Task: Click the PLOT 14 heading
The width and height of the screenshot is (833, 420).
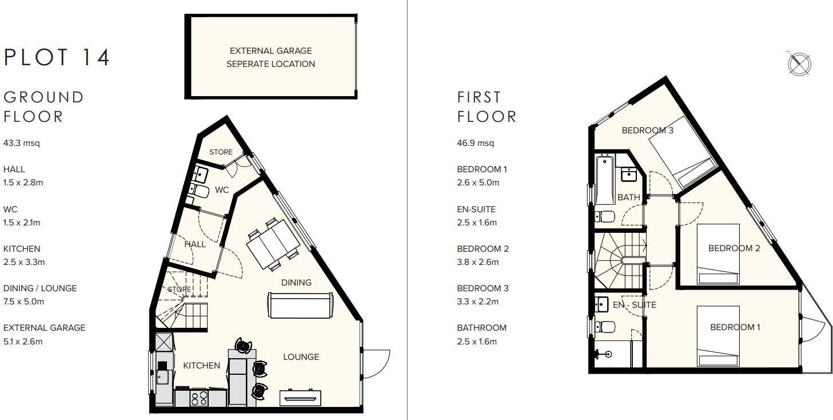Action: (57, 58)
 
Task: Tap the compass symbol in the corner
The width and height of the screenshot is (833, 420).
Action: (799, 63)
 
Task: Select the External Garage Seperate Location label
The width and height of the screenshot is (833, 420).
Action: (270, 58)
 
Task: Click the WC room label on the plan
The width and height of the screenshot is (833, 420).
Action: (222, 190)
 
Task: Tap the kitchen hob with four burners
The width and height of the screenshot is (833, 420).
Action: (199, 398)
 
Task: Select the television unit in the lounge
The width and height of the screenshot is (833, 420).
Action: (300, 397)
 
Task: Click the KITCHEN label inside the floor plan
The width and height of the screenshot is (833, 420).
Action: (201, 366)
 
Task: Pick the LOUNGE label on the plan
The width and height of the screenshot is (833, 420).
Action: (301, 357)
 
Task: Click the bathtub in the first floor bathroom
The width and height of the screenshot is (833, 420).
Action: (605, 179)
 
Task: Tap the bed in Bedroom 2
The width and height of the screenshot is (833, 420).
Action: (719, 254)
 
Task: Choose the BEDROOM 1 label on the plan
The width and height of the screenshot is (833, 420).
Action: (735, 327)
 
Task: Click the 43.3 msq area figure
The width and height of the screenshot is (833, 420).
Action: (22, 143)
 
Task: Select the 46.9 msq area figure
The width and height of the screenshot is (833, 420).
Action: (475, 143)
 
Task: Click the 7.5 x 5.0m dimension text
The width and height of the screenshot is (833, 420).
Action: (23, 302)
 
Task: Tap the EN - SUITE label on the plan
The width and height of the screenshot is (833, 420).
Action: (634, 305)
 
